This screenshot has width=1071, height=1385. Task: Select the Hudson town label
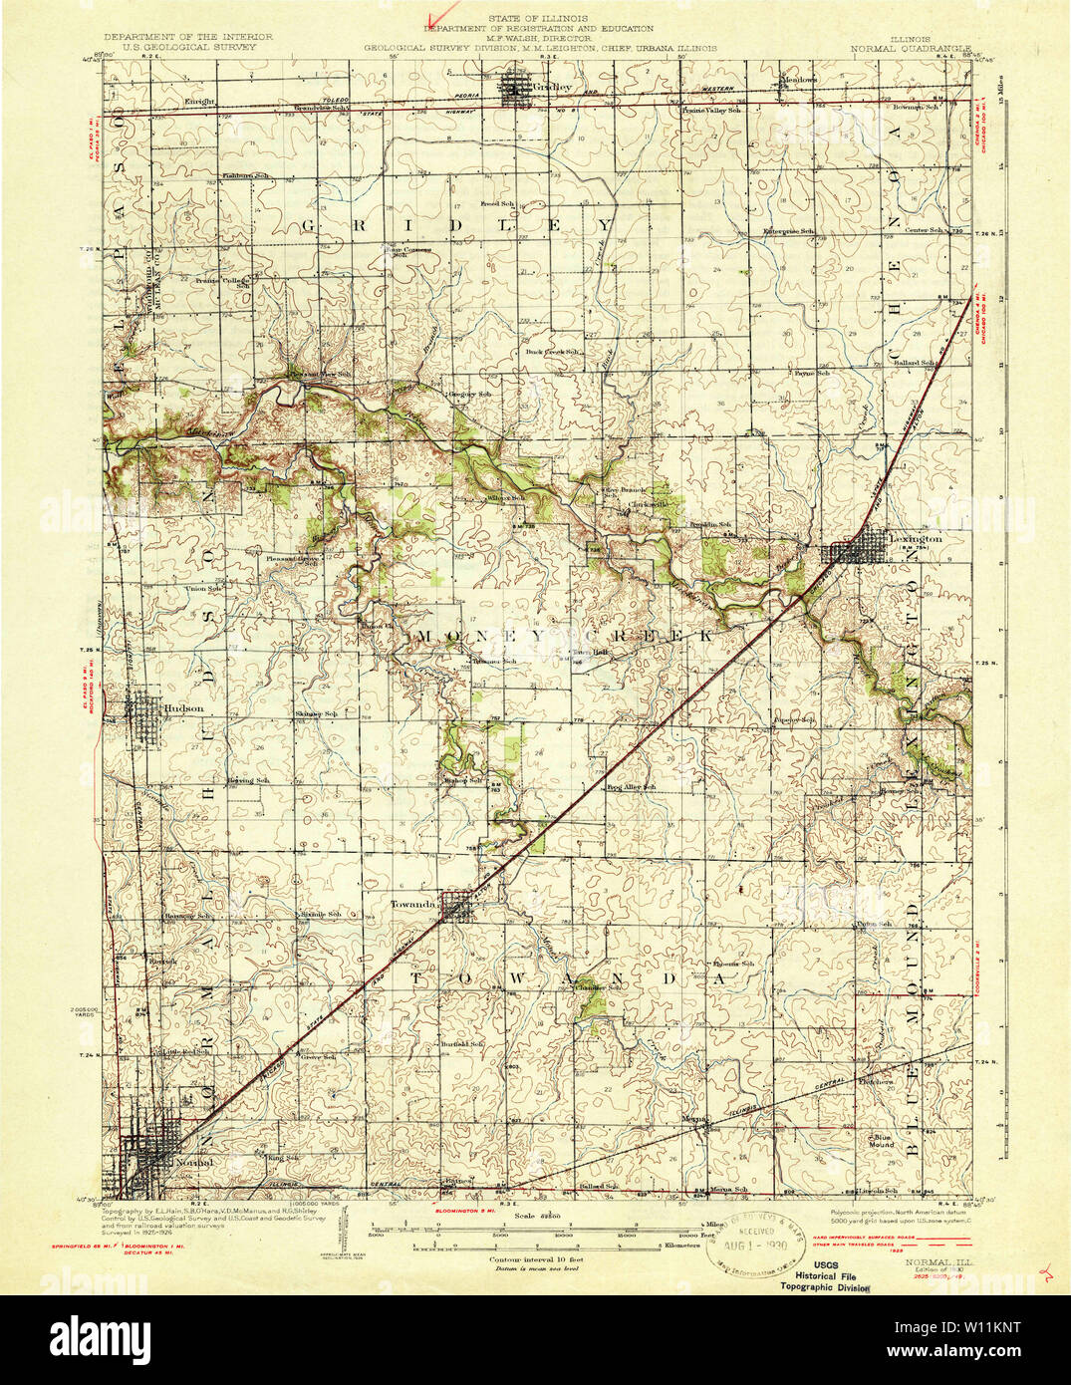(x=183, y=708)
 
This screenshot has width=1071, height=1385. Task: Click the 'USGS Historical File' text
(x=826, y=1273)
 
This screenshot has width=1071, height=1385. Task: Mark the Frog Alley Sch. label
(x=632, y=787)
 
